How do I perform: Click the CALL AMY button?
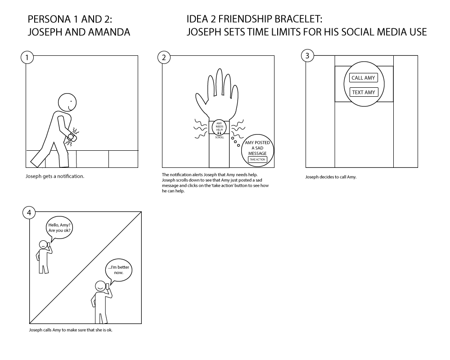pos(363,78)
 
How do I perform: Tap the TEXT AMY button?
pos(363,92)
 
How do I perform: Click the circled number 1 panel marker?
pos(27,58)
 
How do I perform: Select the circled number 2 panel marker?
pos(164,58)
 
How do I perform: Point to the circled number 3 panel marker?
pos(307,55)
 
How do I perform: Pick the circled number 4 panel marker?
pos(29,213)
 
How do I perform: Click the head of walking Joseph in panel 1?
pos(67,102)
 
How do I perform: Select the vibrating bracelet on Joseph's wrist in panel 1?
pos(72,138)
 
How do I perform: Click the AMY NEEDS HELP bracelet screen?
pos(219,127)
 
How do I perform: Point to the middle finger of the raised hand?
pos(220,82)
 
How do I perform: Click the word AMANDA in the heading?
pos(109,32)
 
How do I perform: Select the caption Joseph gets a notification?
pos(55,176)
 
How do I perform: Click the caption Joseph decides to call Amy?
pos(331,177)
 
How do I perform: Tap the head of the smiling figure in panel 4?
pos(100,287)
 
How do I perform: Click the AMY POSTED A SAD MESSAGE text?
pos(257,148)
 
